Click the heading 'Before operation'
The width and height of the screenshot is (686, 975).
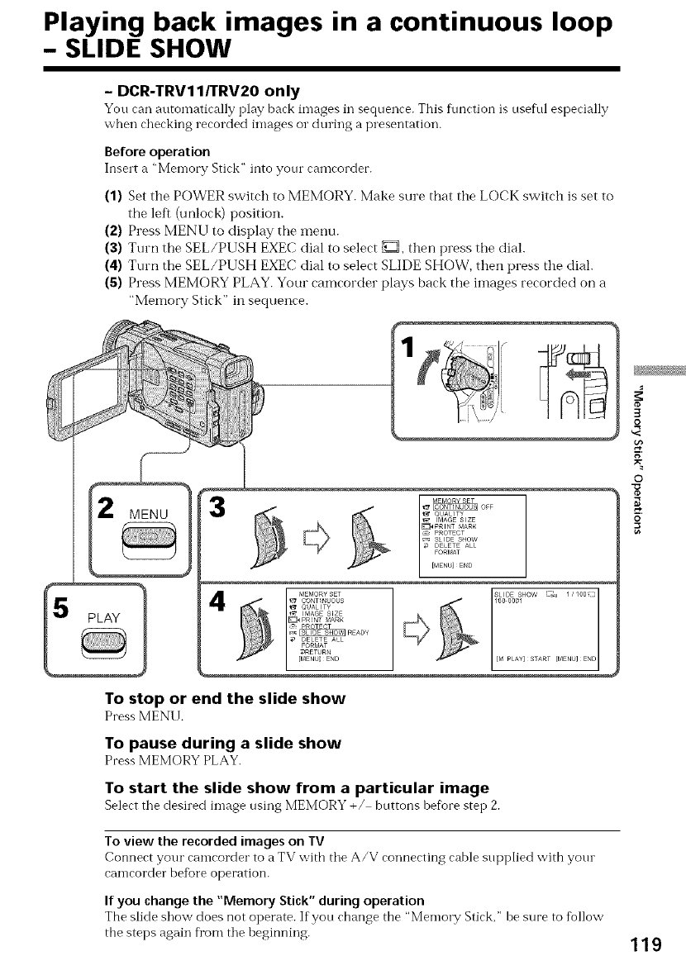click(157, 151)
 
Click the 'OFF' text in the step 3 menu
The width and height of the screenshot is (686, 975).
click(488, 507)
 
